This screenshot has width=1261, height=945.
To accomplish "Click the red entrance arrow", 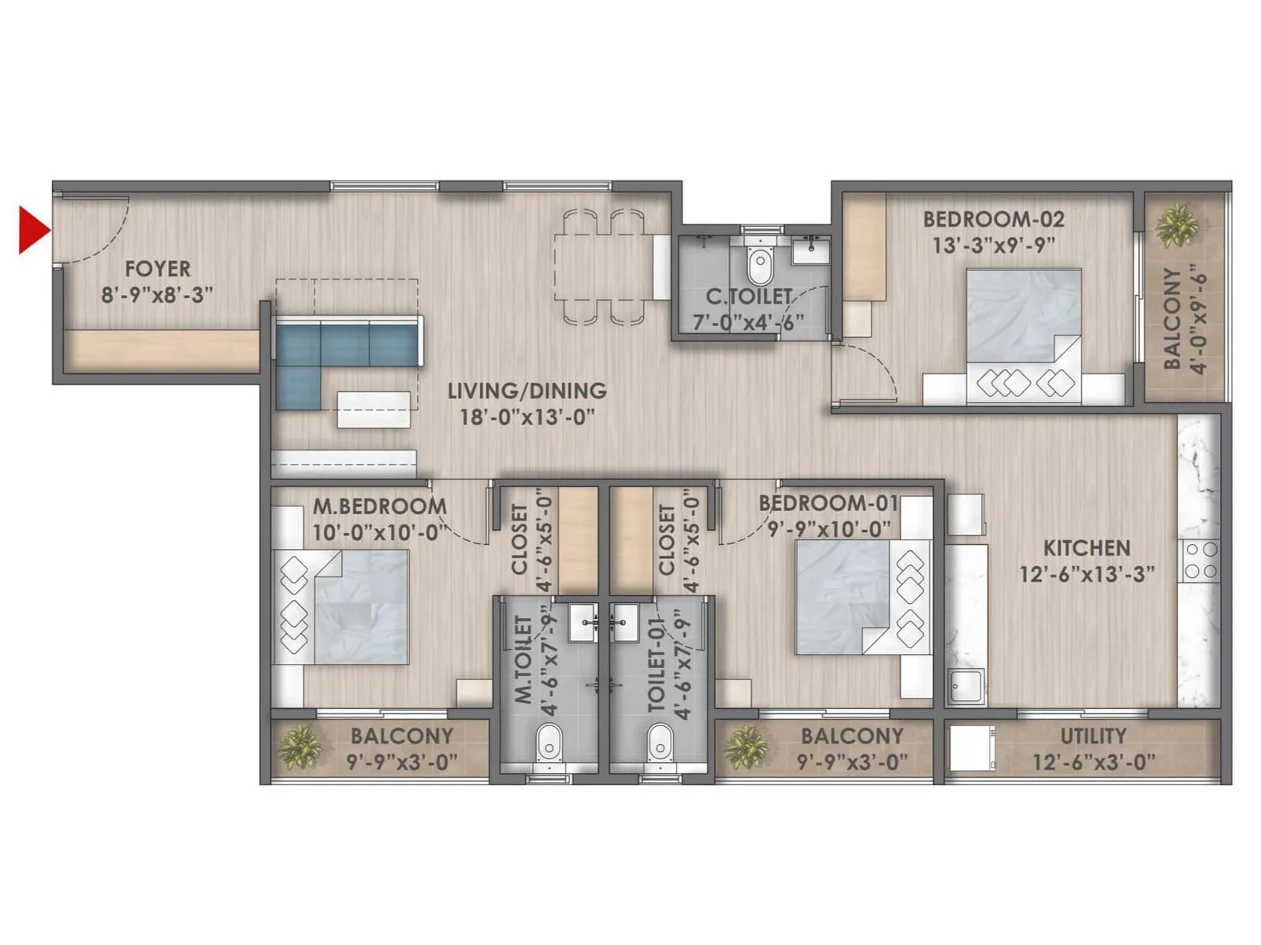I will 33,230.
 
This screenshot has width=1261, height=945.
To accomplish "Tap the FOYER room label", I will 158,269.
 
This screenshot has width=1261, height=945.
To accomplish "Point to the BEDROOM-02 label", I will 993,219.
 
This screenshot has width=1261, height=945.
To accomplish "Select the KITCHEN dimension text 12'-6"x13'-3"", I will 1087,574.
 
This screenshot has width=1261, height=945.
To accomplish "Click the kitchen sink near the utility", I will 965,686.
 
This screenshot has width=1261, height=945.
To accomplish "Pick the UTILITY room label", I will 1093,736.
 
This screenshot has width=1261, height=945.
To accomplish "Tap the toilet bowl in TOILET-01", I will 659,743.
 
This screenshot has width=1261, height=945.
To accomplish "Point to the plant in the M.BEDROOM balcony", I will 299,747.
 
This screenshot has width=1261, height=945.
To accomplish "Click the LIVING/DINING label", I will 527,391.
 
